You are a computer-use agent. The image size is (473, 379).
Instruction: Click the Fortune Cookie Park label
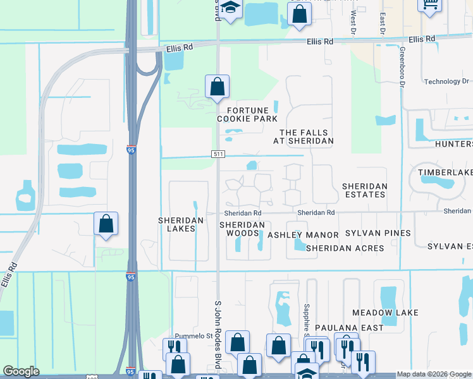pos(248,114)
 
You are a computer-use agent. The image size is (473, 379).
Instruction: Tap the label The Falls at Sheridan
pos(306,136)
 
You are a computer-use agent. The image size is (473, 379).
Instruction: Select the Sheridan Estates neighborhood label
pos(364,190)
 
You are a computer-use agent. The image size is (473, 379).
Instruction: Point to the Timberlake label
pos(445,172)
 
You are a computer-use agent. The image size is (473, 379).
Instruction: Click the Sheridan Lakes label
pos(181,224)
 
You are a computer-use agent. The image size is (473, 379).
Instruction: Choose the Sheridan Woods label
pos(242,229)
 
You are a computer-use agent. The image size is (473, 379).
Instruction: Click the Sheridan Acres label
pos(345,248)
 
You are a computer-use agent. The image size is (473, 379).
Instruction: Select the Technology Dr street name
pos(446,81)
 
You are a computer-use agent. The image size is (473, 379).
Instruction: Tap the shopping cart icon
pos(430,4)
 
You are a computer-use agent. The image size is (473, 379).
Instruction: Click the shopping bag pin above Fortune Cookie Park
pos(217,87)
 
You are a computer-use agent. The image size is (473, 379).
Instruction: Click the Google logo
pos(21,371)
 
